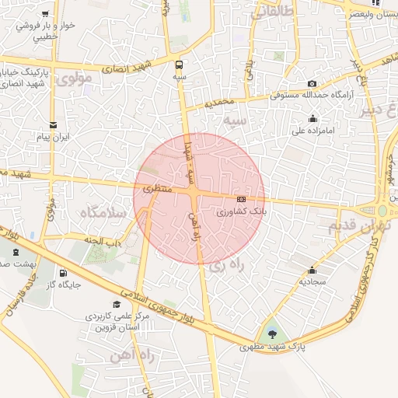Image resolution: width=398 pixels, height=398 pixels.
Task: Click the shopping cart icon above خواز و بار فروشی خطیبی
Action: click(x=47, y=13)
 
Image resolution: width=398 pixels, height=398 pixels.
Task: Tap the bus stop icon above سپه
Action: click(x=180, y=65)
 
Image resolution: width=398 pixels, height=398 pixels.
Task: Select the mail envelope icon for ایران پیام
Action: click(x=53, y=124)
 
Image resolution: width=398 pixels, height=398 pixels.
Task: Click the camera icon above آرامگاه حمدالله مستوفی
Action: click(x=312, y=84)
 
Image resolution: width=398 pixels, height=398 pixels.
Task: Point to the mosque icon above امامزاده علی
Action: click(x=312, y=118)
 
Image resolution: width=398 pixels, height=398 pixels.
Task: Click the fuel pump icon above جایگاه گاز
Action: click(x=63, y=273)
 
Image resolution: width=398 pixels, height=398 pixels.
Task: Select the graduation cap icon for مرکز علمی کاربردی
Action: click(x=117, y=304)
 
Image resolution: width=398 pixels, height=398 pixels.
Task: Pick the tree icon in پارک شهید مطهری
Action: click(x=271, y=334)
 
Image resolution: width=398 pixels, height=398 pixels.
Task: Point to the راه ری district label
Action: click(x=226, y=266)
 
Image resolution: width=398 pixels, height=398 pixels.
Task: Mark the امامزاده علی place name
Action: click(x=312, y=131)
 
